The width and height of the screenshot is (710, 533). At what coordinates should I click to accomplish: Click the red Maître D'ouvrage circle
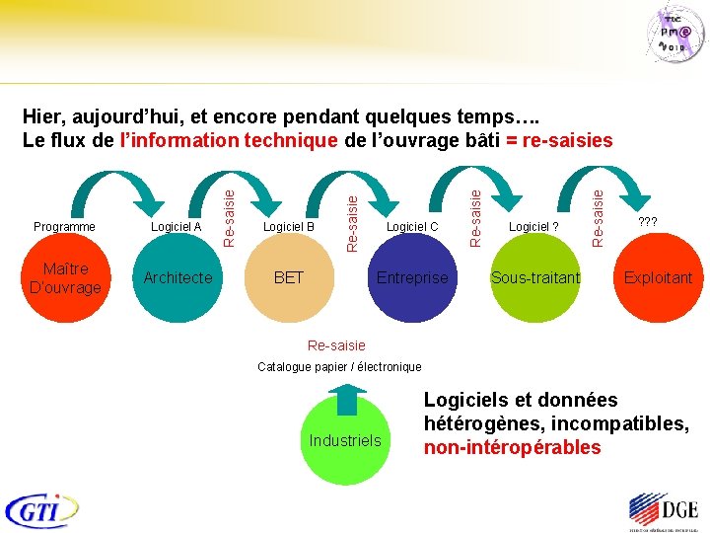pyautogui.click(x=65, y=278)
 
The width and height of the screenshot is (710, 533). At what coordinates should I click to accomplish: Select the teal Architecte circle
pyautogui.click(x=177, y=278)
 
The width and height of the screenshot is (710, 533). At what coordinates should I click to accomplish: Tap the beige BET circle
pyautogui.click(x=288, y=279)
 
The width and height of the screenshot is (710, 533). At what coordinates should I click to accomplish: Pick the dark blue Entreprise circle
pyautogui.click(x=412, y=279)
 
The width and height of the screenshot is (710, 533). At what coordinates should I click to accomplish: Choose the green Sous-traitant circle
pyautogui.click(x=535, y=279)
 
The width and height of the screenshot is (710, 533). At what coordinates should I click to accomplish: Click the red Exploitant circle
pyautogui.click(x=658, y=278)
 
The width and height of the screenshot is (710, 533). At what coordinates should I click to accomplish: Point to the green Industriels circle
pyautogui.click(x=344, y=440)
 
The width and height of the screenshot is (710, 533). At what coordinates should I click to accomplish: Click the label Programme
pyautogui.click(x=65, y=227)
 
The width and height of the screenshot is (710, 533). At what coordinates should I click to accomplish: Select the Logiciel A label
pyautogui.click(x=177, y=227)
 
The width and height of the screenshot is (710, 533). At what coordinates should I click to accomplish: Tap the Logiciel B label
pyautogui.click(x=288, y=227)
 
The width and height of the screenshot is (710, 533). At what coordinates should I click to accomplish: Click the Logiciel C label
pyautogui.click(x=412, y=227)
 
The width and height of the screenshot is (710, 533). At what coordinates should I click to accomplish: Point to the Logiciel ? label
pyautogui.click(x=533, y=227)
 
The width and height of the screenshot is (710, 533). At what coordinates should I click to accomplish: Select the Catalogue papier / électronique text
pyautogui.click(x=339, y=367)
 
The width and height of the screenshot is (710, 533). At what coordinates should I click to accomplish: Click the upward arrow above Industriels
pyautogui.click(x=345, y=397)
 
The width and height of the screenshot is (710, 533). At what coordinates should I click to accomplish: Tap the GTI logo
pyautogui.click(x=42, y=509)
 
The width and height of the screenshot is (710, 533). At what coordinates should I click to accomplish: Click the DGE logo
pyautogui.click(x=663, y=511)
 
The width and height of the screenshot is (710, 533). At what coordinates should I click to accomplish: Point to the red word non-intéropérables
pyautogui.click(x=512, y=447)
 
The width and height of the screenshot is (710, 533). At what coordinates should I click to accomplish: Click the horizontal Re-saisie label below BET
pyautogui.click(x=336, y=345)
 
